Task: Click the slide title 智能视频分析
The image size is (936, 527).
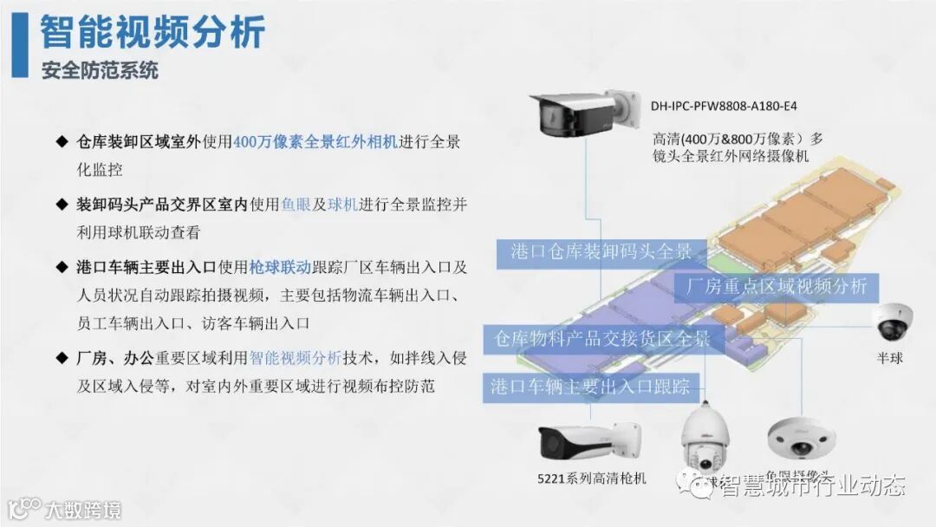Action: click(153, 32)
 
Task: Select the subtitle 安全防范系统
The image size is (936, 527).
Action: click(100, 70)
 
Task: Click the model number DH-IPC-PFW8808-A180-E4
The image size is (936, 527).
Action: click(724, 107)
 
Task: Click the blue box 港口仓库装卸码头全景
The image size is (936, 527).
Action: click(601, 252)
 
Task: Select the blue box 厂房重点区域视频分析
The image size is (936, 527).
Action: click(777, 287)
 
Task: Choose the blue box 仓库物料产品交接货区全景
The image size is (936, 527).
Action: click(601, 338)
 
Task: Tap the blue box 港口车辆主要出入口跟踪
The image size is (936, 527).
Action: click(590, 386)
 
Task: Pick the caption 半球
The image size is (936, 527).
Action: click(889, 357)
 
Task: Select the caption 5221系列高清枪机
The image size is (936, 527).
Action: click(592, 478)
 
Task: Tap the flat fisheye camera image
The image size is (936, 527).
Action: click(798, 437)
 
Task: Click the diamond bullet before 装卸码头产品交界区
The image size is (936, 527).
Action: click(62, 205)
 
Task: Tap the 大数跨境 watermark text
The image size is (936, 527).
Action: click(84, 509)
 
